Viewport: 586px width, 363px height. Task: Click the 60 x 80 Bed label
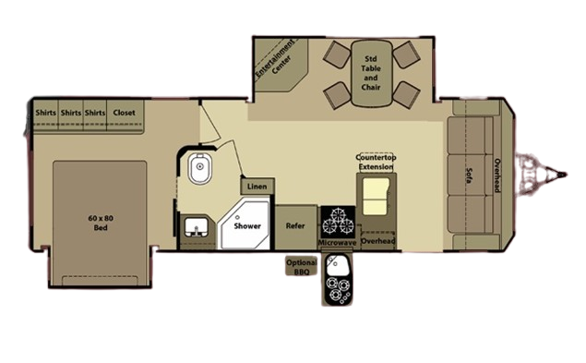tap(101, 223)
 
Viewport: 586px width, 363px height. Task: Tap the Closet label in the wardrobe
tap(124, 113)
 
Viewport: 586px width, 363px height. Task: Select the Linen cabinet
tap(257, 186)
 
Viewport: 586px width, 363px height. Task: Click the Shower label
tap(247, 226)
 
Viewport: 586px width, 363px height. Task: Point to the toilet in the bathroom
tap(200, 168)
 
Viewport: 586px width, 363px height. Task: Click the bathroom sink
tap(197, 227)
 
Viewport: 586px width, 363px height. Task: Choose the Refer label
tap(295, 225)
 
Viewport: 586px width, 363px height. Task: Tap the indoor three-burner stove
tap(338, 222)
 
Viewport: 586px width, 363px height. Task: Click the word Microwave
tap(337, 243)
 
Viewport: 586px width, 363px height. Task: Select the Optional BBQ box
tap(301, 266)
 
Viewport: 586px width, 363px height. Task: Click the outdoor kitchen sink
tap(336, 265)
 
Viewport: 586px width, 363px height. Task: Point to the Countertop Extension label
tap(376, 163)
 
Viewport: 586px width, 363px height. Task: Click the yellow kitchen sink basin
tap(376, 196)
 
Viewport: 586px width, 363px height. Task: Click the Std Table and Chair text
tap(371, 73)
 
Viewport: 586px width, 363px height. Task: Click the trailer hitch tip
tap(566, 175)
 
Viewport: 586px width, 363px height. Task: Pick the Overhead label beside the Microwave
tap(378, 241)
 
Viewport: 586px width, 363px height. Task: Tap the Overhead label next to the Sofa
tap(497, 175)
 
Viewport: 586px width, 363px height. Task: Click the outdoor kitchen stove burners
tap(338, 290)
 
